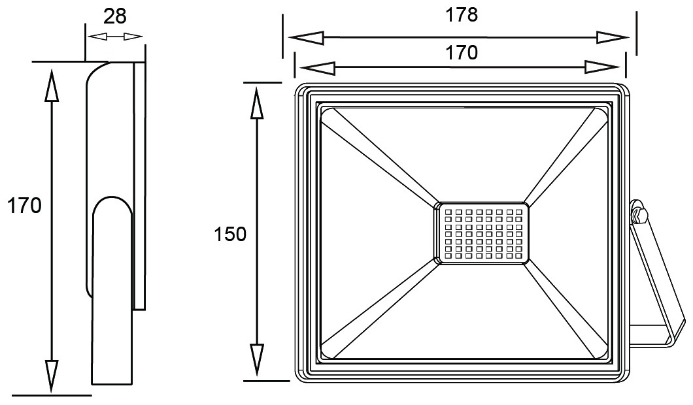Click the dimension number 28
pyautogui.click(x=115, y=16)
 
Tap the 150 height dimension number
pyautogui.click(x=231, y=234)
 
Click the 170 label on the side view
pyautogui.click(x=24, y=206)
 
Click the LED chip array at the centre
pyautogui.click(x=482, y=233)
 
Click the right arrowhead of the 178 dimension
pyautogui.click(x=613, y=37)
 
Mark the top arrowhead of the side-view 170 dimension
pyautogui.click(x=51, y=84)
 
